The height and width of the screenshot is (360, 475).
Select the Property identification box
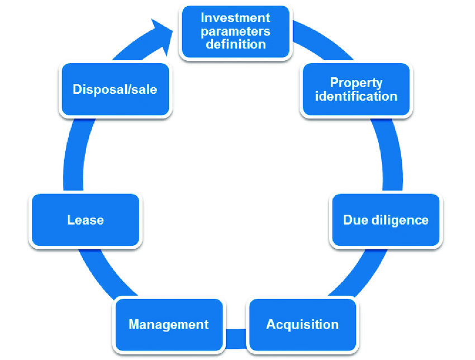(x=356, y=89)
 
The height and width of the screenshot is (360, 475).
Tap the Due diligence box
(x=386, y=220)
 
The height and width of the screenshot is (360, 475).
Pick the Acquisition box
(x=302, y=324)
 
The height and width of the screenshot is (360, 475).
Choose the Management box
(x=169, y=325)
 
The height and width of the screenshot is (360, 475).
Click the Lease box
(x=85, y=220)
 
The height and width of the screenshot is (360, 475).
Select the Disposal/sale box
(x=115, y=89)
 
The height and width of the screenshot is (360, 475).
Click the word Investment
(x=236, y=18)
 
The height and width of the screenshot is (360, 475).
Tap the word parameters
(x=236, y=31)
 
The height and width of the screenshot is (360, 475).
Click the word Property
(x=356, y=83)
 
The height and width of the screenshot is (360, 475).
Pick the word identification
(x=356, y=96)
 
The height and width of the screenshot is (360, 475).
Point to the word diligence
(x=400, y=220)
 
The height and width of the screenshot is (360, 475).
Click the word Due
(x=355, y=220)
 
